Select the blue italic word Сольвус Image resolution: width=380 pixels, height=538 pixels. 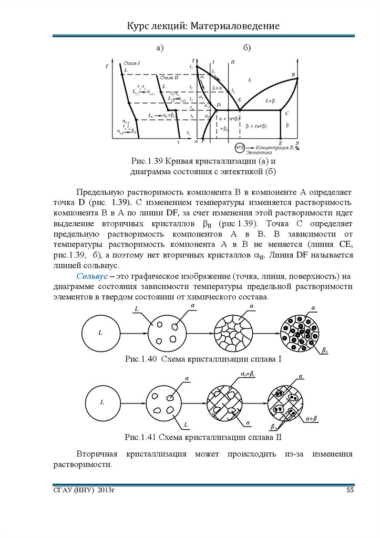(x=93, y=276)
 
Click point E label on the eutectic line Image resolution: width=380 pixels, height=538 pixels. (x=240, y=100)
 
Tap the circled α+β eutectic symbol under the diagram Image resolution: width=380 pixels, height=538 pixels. (x=241, y=147)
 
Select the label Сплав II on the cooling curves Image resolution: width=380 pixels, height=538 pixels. (x=169, y=77)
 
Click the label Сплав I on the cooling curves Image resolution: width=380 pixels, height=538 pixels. (x=131, y=63)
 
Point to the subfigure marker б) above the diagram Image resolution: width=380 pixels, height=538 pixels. (x=247, y=48)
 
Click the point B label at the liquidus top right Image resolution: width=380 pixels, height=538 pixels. (x=293, y=75)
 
